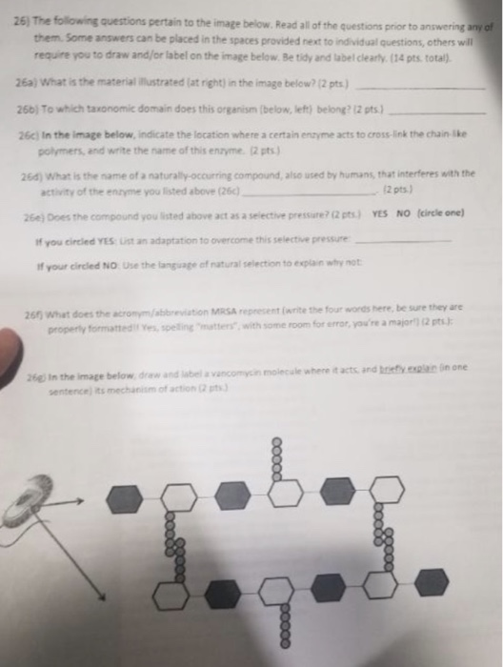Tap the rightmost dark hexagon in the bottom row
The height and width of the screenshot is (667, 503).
pyautogui.click(x=433, y=580)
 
